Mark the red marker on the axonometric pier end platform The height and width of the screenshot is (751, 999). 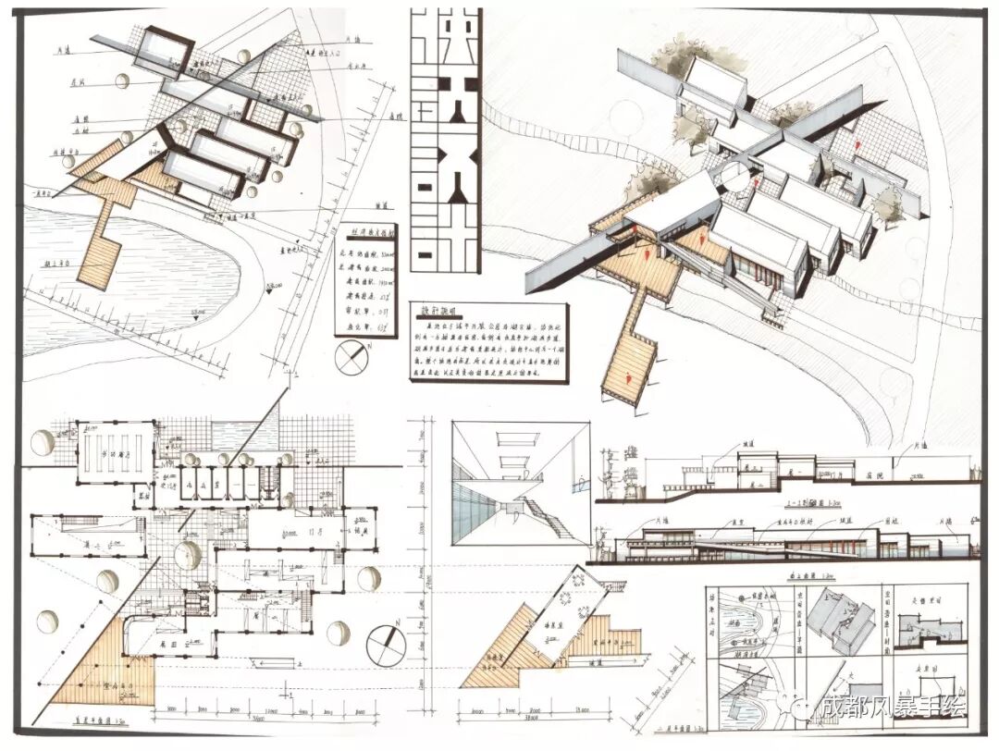(628, 376)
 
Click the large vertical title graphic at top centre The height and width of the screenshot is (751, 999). (445, 139)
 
